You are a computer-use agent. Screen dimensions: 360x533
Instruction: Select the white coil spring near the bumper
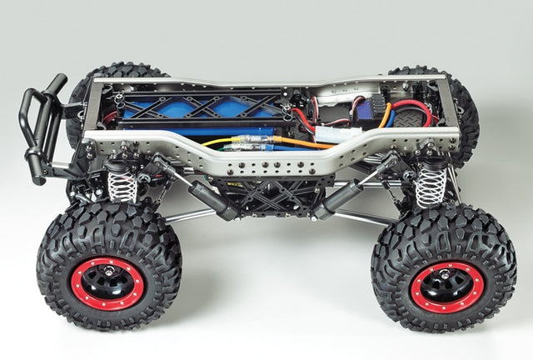122,185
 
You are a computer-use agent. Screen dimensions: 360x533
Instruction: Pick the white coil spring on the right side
431,184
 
